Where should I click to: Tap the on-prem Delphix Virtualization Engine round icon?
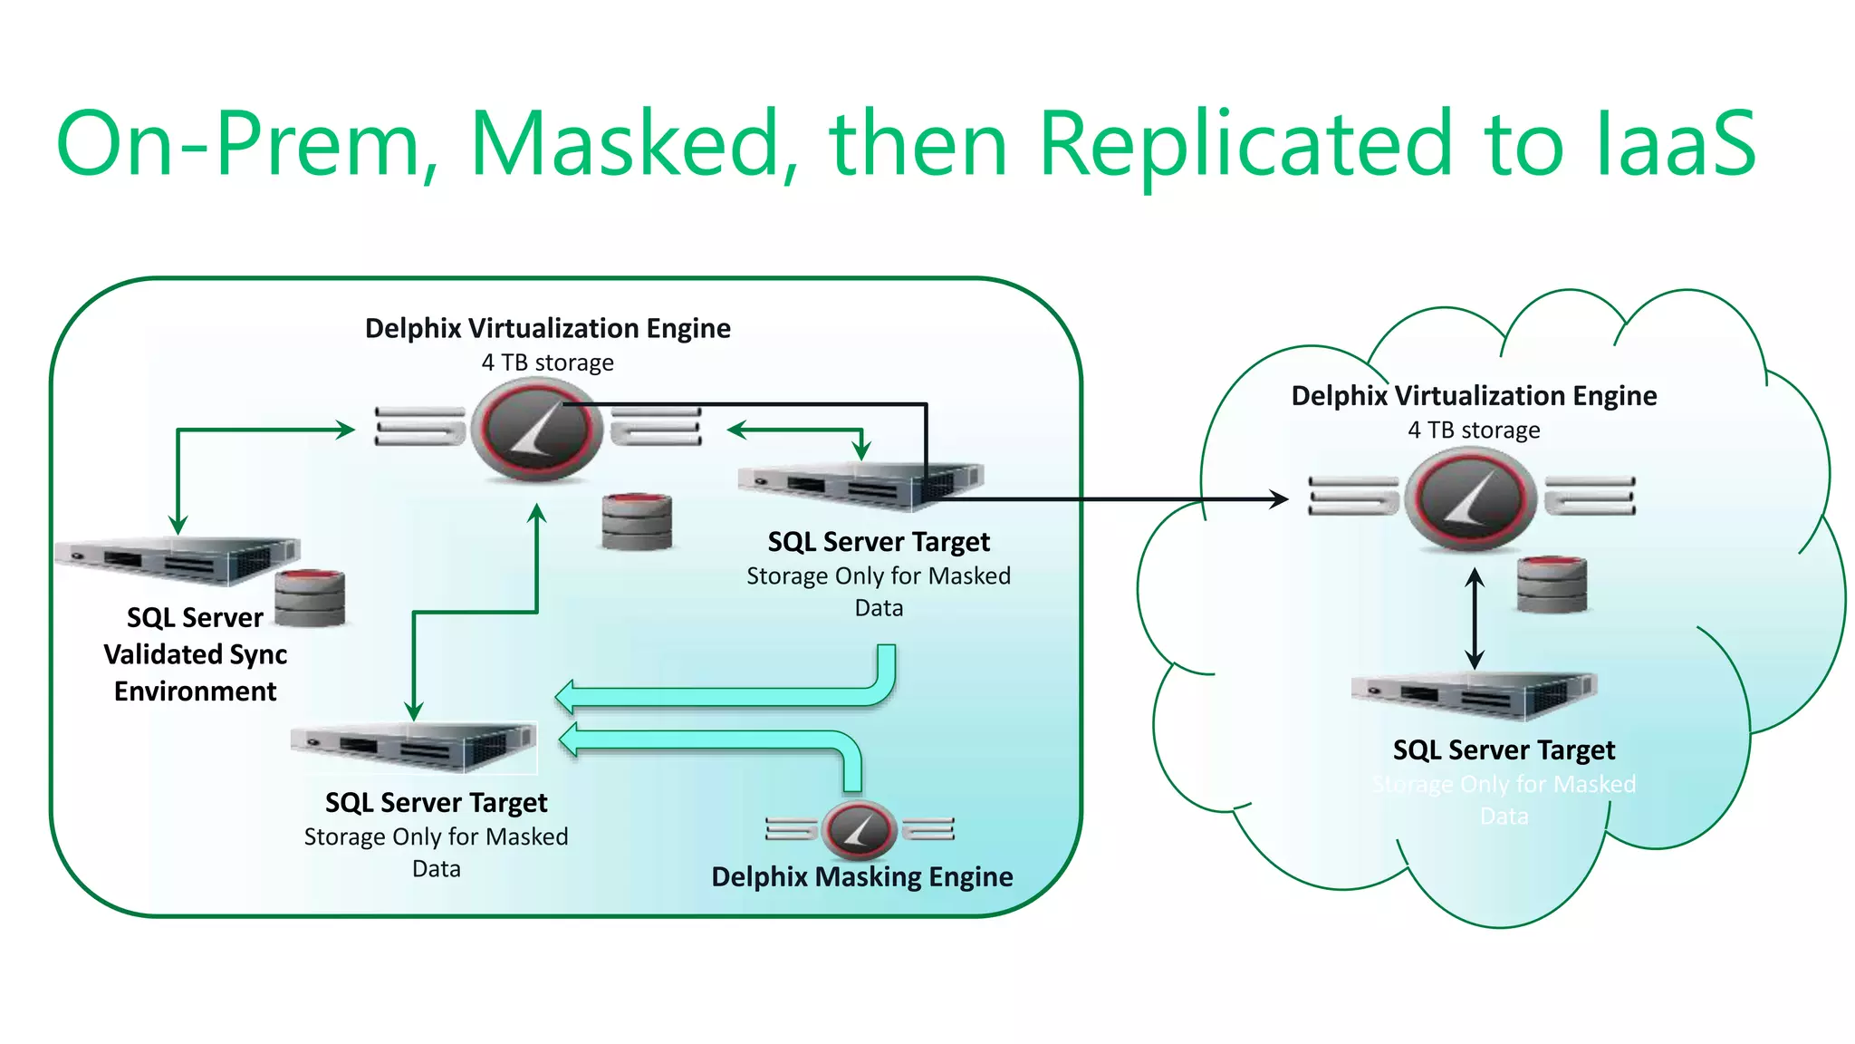541,429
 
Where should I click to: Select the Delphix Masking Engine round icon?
859,828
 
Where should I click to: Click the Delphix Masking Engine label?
861,876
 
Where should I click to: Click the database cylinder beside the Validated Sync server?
310,598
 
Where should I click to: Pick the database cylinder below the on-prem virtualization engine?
637,522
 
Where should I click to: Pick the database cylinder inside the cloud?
1552,585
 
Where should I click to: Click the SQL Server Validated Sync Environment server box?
178,561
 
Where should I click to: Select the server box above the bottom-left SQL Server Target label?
414,747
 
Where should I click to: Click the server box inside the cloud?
1474,696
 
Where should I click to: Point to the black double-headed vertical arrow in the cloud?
1475,618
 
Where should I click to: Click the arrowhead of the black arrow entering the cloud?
1279,498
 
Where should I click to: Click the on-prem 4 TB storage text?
547,362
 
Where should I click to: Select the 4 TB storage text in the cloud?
1474,430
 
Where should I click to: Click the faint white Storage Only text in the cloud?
1504,785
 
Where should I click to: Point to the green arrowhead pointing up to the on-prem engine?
537,514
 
